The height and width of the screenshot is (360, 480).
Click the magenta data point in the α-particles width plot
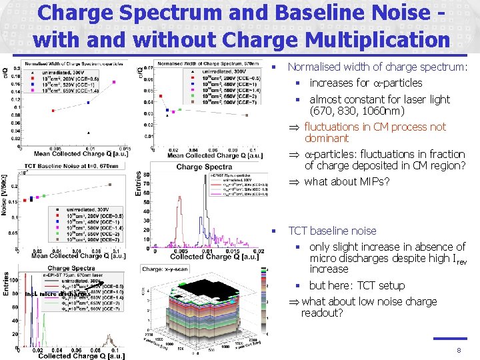(x=113, y=82)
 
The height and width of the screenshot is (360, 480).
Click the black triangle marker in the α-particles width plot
(x=88, y=132)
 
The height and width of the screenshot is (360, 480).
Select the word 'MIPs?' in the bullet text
(x=374, y=181)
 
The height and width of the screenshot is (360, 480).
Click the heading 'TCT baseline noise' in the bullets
(x=331, y=231)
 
